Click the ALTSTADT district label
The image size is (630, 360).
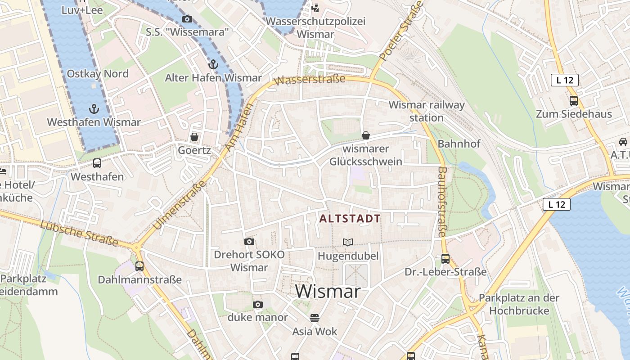click(350, 219)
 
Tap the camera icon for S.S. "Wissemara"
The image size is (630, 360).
click(187, 19)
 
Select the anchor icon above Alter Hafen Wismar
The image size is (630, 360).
click(213, 64)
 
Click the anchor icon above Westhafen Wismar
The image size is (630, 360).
click(94, 108)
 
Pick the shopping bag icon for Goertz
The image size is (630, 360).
click(194, 136)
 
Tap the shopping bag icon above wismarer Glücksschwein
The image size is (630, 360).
click(366, 135)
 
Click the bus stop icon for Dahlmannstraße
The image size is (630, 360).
click(139, 266)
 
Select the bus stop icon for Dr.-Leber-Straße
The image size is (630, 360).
click(445, 258)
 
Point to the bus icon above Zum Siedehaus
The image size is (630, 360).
click(574, 100)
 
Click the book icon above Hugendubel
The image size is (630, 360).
click(348, 242)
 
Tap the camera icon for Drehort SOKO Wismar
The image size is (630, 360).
click(249, 241)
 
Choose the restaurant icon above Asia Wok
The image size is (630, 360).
click(315, 318)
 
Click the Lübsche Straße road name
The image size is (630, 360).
click(79, 234)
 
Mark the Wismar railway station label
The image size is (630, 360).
click(426, 111)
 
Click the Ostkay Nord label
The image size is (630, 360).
click(98, 74)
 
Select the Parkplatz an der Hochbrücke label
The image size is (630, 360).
click(519, 304)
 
